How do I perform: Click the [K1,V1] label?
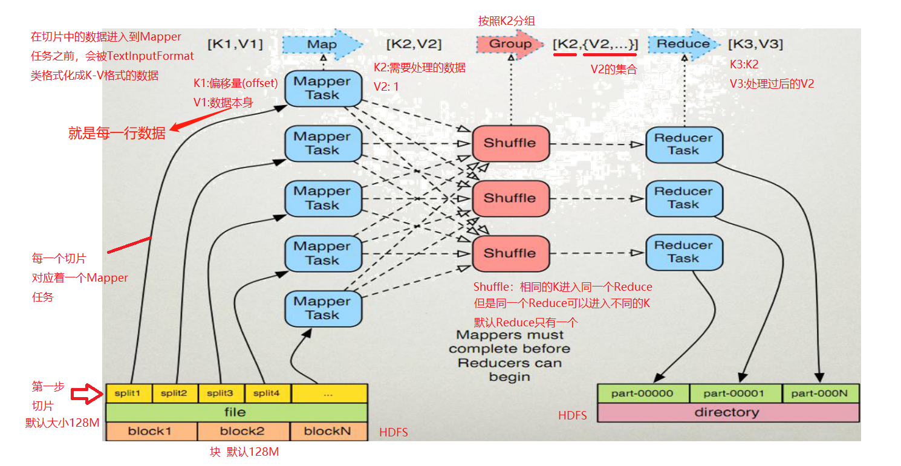(x=235, y=44)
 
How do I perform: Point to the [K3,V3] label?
(x=755, y=44)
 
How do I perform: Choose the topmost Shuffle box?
(x=510, y=143)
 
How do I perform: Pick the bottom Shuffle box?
(x=510, y=253)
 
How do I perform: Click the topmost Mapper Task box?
(x=322, y=88)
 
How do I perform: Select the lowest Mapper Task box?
(x=322, y=308)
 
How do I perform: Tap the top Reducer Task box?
(x=683, y=144)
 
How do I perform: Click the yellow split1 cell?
(x=129, y=393)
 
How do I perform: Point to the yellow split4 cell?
(x=267, y=393)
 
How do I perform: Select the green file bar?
(x=236, y=412)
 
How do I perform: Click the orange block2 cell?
(x=242, y=432)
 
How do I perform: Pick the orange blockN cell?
(x=328, y=432)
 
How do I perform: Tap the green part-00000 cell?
(x=642, y=393)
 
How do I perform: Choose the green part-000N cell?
(x=820, y=393)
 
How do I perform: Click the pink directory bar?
(x=727, y=412)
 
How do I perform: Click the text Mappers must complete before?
(x=510, y=342)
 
